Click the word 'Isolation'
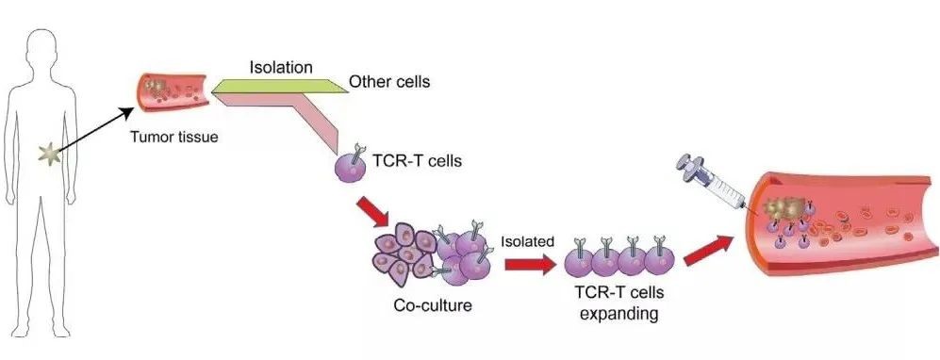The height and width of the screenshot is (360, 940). click(x=281, y=68)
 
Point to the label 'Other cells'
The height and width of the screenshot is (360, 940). click(x=389, y=81)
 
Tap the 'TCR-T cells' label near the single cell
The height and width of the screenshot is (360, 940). click(x=419, y=159)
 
